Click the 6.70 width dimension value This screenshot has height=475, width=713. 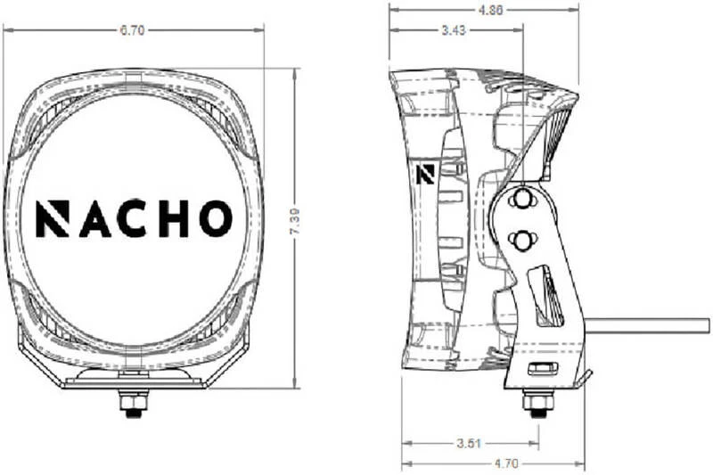click(x=132, y=30)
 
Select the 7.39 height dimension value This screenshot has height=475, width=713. click(x=295, y=221)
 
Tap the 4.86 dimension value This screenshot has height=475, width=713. click(x=490, y=10)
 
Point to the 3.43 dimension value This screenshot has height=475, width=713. click(x=454, y=30)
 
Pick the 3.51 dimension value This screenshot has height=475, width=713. click(x=469, y=443)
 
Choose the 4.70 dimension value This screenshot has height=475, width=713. click(x=505, y=463)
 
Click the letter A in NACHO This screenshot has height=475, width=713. click(x=95, y=219)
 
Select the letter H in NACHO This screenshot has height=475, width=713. click(x=172, y=219)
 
